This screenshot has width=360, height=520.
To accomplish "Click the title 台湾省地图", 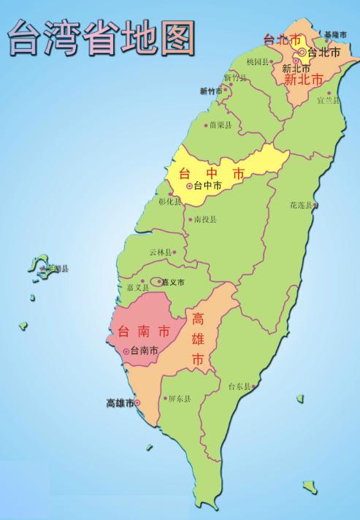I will [101, 37].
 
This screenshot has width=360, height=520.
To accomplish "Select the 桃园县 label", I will [258, 61].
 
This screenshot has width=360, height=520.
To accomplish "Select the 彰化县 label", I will [169, 201].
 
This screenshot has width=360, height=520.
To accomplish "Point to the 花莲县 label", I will [302, 205].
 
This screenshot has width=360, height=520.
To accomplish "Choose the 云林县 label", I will [160, 252].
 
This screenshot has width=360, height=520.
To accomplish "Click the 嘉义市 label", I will [173, 282].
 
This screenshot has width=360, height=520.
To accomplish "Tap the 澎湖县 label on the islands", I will [56, 269].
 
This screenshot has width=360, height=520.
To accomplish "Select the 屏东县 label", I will [179, 399].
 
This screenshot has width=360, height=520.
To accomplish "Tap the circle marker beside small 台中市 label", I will [190, 186].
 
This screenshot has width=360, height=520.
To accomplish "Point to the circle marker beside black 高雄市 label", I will [139, 402].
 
